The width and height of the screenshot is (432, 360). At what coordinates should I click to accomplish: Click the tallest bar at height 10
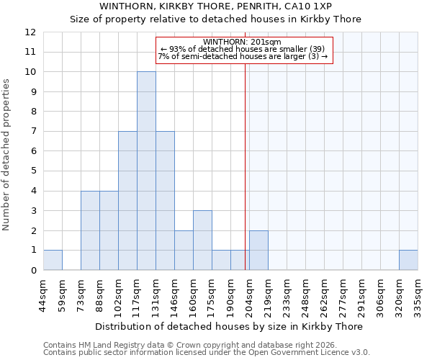pos(146,171)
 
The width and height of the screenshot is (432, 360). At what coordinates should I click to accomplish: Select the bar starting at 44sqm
pos(53,260)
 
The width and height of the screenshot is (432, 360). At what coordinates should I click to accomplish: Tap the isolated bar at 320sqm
pos(408,260)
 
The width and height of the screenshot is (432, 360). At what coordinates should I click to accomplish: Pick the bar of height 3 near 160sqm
pos(202,240)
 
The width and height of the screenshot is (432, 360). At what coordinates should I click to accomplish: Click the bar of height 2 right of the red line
pos(258,251)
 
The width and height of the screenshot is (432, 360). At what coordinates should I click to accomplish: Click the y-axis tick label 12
pos(30,32)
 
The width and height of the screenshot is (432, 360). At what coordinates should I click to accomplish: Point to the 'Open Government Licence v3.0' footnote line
pos(207,353)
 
